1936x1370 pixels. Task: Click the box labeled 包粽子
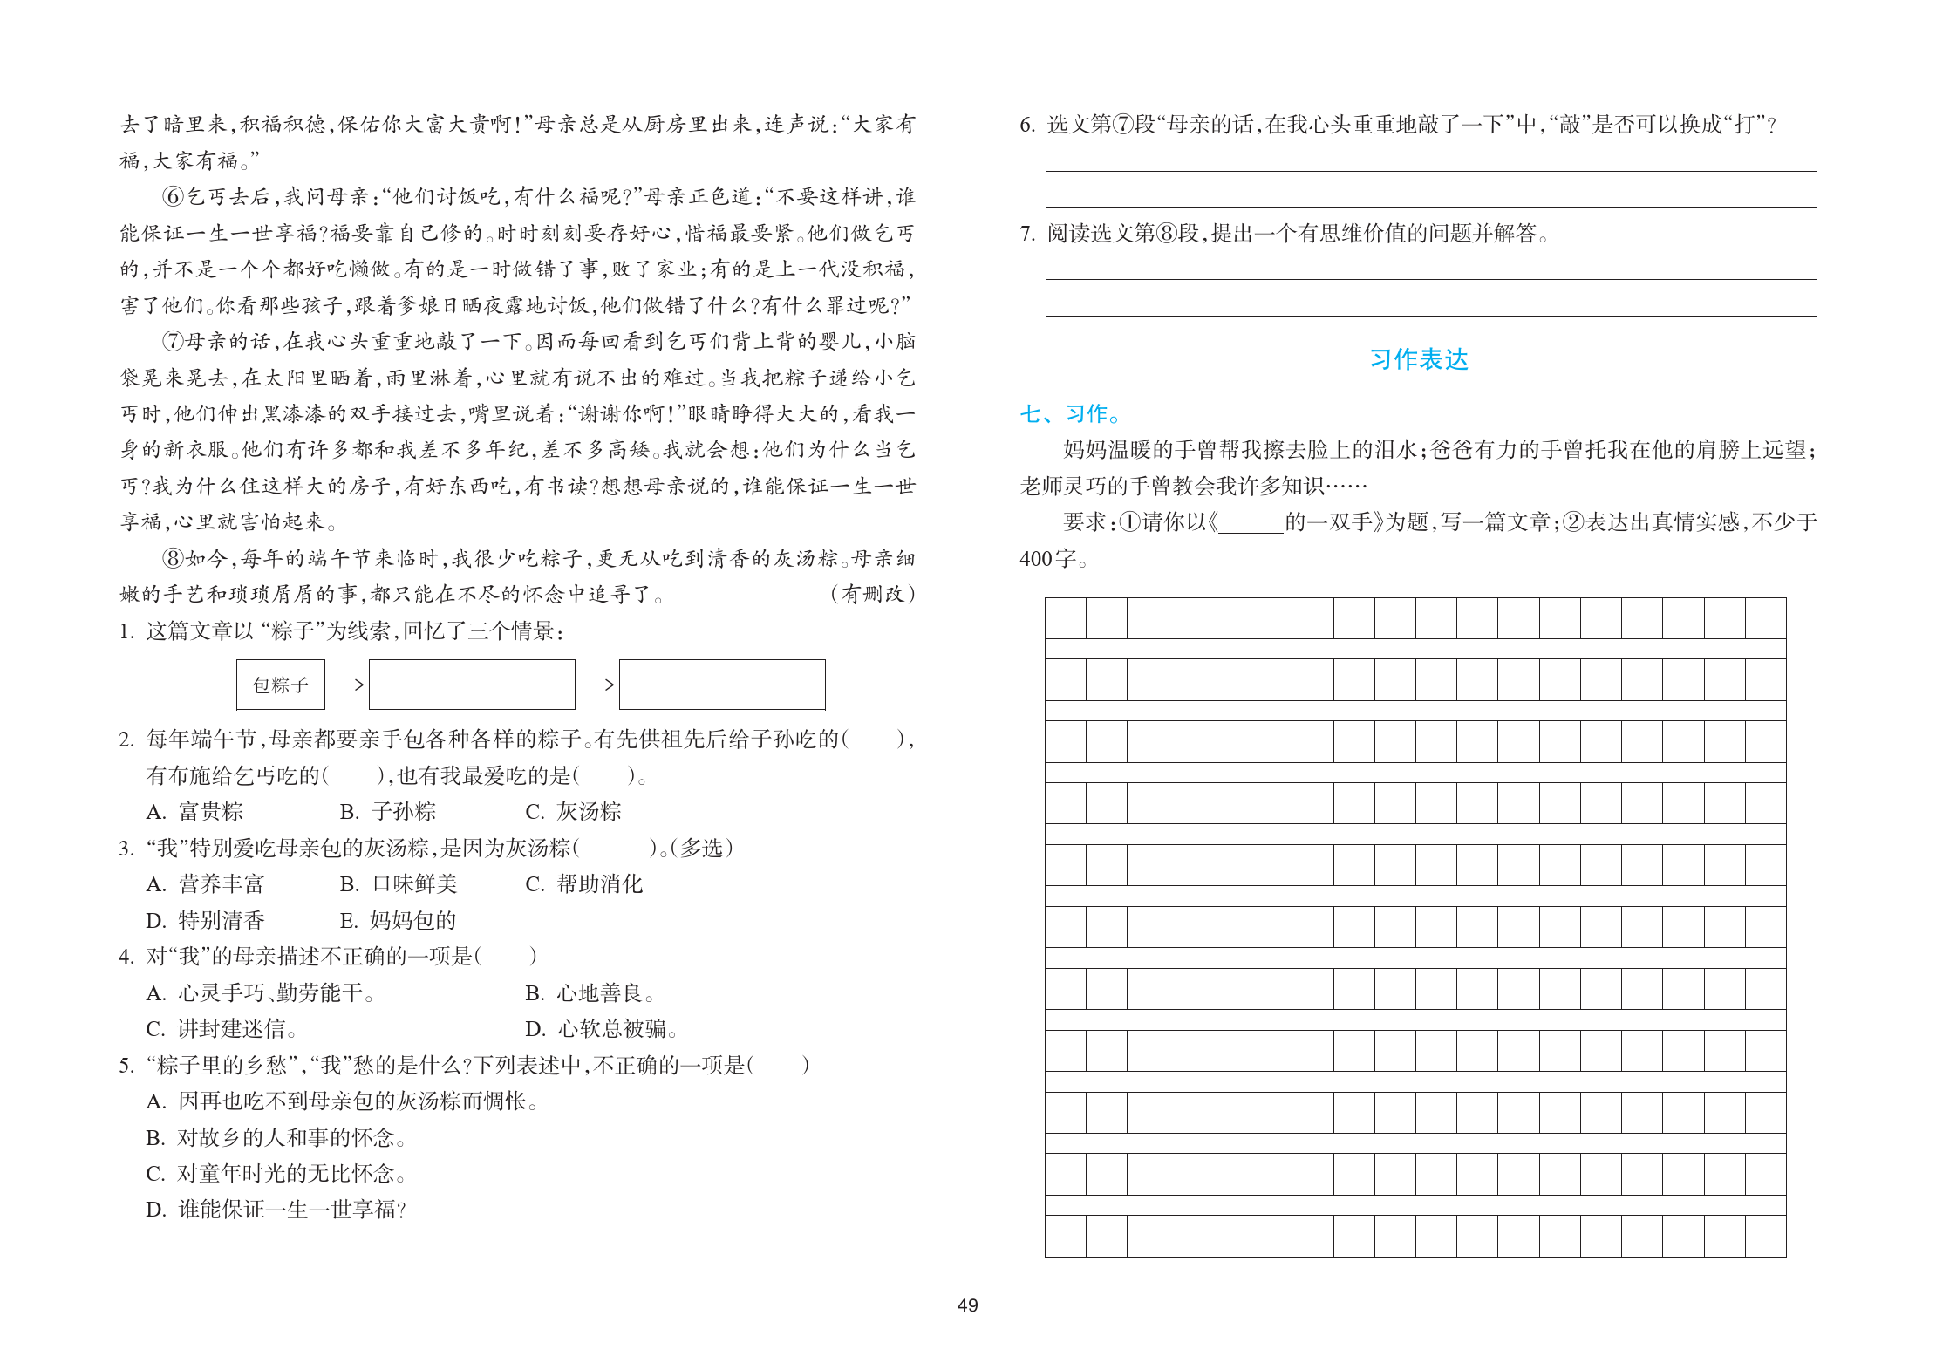(x=280, y=685)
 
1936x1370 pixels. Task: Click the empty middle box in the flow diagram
(x=472, y=685)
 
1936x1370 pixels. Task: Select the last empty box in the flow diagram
(x=721, y=685)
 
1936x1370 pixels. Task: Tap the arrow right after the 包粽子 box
(x=347, y=685)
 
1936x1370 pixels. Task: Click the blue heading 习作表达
(x=1418, y=359)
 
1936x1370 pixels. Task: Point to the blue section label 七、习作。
(x=1071, y=413)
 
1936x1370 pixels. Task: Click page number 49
(x=967, y=1305)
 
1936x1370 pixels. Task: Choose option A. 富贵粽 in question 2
(x=195, y=812)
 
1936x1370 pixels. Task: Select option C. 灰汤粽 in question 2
(x=573, y=812)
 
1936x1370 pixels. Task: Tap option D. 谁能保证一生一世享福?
(x=276, y=1210)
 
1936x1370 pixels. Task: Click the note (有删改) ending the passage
(x=872, y=595)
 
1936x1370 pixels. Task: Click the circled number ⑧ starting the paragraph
(x=173, y=558)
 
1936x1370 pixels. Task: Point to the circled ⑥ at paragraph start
(x=173, y=197)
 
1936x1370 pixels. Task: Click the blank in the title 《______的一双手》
(x=1251, y=522)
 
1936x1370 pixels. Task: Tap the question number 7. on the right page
(x=1027, y=234)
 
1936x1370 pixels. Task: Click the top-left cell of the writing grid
(x=1066, y=618)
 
